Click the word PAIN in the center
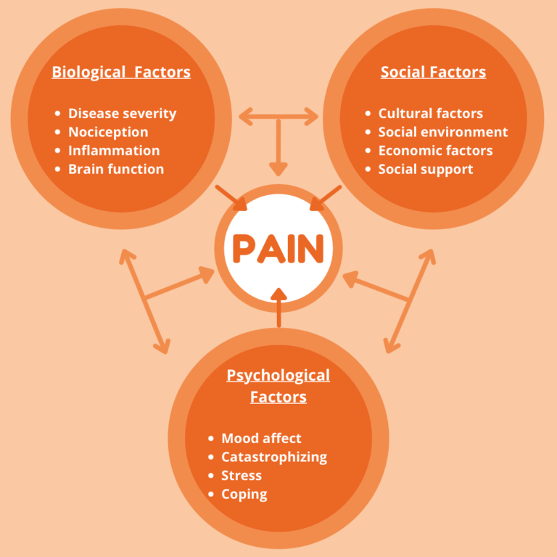(278, 249)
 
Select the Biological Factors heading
(121, 72)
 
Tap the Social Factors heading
(433, 72)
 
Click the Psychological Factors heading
(278, 386)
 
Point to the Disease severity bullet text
(122, 113)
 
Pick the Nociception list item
(108, 132)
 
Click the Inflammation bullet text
(114, 151)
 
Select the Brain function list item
(116, 169)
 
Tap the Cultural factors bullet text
(430, 113)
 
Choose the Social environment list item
(442, 132)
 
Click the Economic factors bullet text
(435, 151)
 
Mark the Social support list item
(426, 169)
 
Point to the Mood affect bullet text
(261, 438)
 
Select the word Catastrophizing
(274, 457)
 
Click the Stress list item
(242, 476)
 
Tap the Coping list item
(244, 495)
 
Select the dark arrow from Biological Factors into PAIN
(231, 197)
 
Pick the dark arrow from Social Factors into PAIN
(326, 197)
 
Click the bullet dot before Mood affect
(211, 439)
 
